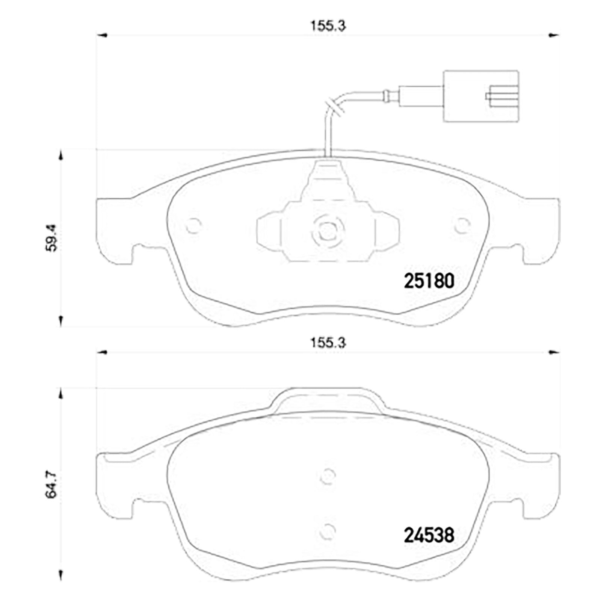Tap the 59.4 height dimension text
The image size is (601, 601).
(51, 238)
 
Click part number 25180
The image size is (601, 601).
(429, 281)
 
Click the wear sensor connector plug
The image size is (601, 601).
(481, 96)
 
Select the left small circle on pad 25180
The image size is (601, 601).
(194, 226)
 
